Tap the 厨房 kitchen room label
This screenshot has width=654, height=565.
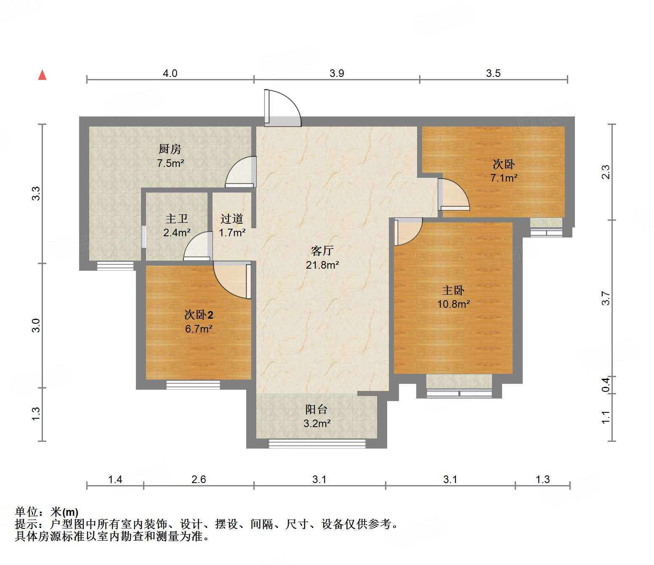170,149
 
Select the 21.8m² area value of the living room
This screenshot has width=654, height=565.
322,265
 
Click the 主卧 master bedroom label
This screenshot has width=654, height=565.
453,290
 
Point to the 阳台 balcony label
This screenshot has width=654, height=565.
316,409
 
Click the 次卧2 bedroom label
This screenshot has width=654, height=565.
199,314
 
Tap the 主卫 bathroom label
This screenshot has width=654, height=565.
177,219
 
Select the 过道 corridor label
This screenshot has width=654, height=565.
232,219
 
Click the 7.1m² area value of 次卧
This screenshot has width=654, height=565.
504,178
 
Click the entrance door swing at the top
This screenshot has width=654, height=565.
282,108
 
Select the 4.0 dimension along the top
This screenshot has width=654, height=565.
170,73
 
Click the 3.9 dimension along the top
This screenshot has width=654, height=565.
337,73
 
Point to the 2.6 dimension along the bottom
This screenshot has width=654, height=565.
199,479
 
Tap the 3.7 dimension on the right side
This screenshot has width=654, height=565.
606,298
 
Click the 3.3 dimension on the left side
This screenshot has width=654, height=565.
36,193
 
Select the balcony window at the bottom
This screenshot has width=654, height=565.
317,444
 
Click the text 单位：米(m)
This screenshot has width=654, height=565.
47,512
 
